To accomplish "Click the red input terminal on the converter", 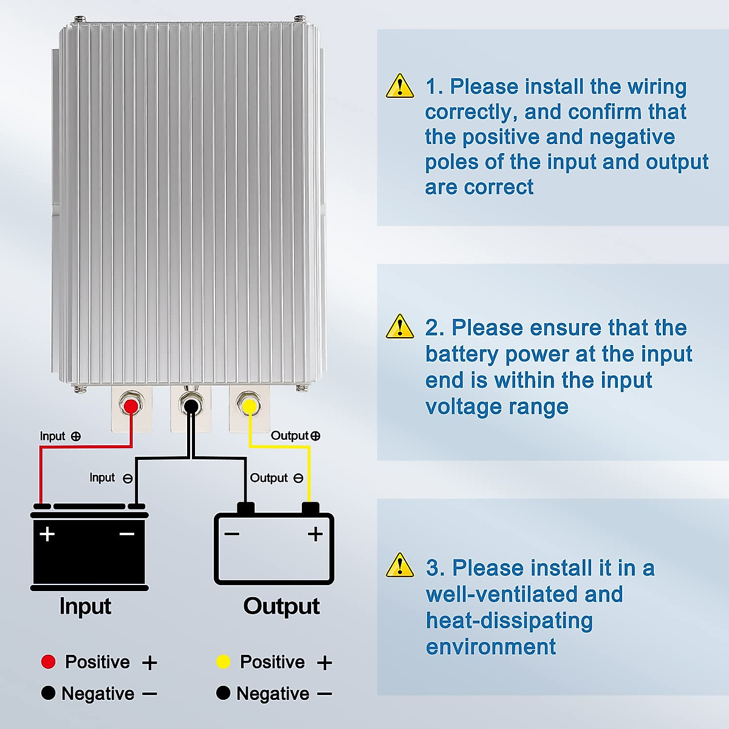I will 131,405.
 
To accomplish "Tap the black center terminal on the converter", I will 191,405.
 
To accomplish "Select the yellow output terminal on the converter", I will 249,405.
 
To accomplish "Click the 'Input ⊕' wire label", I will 60,436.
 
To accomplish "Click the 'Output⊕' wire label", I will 295,436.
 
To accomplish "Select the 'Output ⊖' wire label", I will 276,478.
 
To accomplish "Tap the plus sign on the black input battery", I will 47,534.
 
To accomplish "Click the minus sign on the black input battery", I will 127,534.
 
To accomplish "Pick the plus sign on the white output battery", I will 315,534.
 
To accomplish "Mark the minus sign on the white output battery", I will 231,534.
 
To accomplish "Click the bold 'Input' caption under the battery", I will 85,606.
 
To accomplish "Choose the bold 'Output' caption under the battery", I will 281,606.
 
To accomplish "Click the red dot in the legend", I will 48,662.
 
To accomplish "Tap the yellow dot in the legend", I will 223,662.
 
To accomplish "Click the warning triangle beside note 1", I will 400,86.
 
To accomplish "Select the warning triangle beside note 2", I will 400,327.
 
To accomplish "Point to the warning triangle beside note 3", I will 400,566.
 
